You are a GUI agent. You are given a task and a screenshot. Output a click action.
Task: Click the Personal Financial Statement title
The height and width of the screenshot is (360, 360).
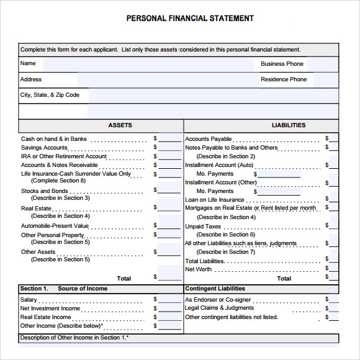point(190,19)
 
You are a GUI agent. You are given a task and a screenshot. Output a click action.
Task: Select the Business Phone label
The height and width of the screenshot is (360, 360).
point(282,64)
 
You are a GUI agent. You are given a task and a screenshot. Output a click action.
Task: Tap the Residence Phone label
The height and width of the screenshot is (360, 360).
point(284,79)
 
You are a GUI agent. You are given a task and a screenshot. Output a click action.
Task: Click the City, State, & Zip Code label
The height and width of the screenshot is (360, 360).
point(50,95)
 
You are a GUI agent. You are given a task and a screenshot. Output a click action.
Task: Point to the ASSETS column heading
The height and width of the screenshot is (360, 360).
point(120,125)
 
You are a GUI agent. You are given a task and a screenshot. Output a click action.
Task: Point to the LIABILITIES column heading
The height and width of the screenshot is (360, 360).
point(289,125)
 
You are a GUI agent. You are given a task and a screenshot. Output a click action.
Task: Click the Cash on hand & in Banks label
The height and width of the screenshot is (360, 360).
point(54,139)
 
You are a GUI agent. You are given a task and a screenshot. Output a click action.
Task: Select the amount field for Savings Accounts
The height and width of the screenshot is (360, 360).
point(169,148)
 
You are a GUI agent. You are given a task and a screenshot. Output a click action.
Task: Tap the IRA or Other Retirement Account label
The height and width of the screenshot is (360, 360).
point(64,156)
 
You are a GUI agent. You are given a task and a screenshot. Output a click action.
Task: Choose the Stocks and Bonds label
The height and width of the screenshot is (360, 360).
point(45,191)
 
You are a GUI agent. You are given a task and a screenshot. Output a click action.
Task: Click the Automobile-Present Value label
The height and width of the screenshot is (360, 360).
point(55,226)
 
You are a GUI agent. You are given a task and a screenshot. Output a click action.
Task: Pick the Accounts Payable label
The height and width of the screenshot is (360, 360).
point(208,139)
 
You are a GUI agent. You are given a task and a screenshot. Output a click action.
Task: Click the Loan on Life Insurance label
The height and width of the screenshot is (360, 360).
point(215,200)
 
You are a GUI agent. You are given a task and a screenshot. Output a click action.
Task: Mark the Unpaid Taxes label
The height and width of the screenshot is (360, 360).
point(203,227)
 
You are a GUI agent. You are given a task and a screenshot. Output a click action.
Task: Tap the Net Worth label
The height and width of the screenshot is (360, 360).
point(199,269)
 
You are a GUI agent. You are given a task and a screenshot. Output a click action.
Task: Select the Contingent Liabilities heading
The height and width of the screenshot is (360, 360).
point(215,289)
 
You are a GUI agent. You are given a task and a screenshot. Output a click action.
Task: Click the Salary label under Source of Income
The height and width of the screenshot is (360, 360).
point(29,300)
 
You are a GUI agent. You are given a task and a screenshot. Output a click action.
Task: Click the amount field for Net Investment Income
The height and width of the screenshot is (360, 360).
point(169,308)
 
